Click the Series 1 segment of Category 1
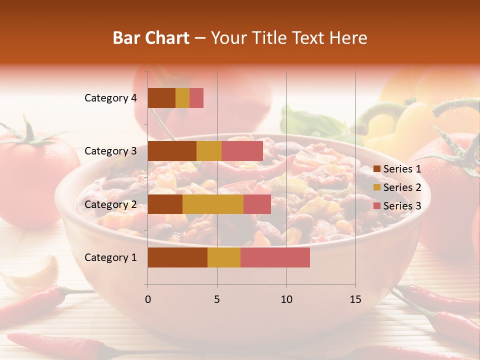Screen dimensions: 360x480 177,257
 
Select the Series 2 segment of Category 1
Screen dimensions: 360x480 224,257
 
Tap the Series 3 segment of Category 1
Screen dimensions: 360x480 275,257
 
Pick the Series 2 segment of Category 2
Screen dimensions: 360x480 213,204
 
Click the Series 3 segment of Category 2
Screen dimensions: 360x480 257,204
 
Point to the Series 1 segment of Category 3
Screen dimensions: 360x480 172,151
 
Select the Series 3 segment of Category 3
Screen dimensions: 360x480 242,151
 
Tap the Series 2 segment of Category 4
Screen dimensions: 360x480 182,98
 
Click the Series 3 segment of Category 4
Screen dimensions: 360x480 196,98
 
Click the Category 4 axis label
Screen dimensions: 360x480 110,98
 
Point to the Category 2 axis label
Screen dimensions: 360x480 110,204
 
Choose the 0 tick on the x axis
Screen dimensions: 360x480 148,299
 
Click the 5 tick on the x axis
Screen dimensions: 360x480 217,299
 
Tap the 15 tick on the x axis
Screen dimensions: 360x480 355,299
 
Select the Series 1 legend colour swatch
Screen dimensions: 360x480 376,169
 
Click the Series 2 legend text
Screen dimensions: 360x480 402,187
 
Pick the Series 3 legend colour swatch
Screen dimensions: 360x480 376,206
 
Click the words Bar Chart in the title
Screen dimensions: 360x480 151,38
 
